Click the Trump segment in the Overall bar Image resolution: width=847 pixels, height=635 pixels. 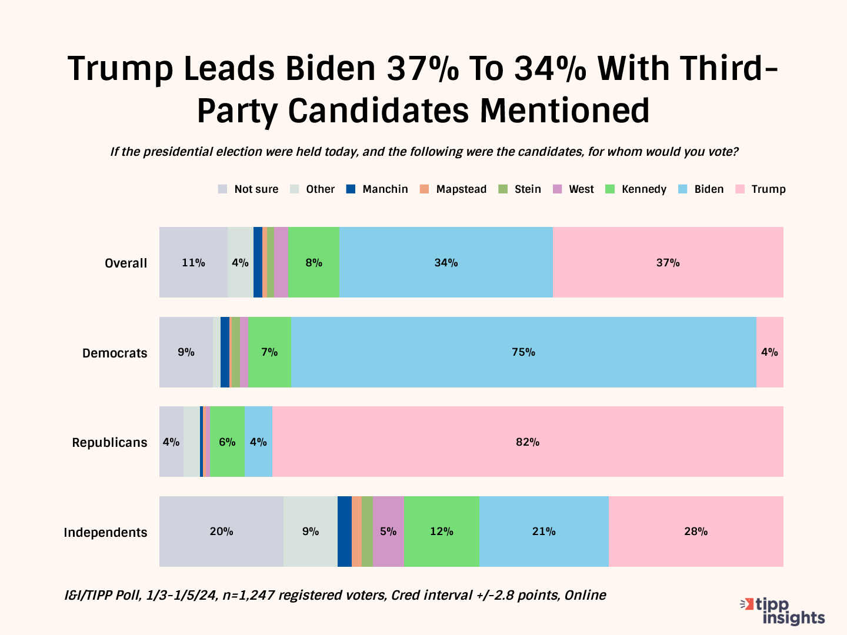point(668,262)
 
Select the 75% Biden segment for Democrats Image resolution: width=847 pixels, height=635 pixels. point(523,352)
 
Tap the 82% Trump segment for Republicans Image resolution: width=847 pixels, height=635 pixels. point(528,442)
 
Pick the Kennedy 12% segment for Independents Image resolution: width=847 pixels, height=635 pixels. point(442,532)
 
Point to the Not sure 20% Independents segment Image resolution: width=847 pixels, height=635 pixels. point(221,532)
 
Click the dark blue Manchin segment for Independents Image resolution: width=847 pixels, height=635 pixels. point(345,532)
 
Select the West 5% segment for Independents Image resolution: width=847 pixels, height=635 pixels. point(388,532)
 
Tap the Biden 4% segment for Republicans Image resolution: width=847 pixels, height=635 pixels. point(258,442)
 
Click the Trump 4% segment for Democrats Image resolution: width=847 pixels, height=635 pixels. point(769,352)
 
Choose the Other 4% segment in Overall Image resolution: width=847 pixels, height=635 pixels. point(240,262)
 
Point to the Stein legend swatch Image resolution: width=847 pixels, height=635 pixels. point(503,189)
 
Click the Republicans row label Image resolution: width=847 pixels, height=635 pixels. point(109,442)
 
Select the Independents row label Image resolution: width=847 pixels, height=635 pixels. point(105,532)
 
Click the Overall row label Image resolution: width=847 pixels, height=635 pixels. point(126,263)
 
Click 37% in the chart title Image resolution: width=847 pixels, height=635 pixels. point(422,68)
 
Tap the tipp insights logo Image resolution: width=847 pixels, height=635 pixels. point(783,611)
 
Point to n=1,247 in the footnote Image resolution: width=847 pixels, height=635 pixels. point(248,595)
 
